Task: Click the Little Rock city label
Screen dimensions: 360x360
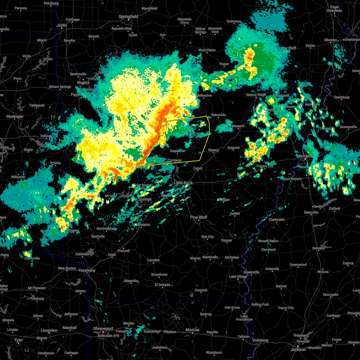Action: tap(183, 183)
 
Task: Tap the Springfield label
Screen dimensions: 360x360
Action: tap(128, 17)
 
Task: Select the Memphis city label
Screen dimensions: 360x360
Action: tap(305, 156)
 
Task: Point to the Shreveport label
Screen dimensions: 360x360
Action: tap(103, 329)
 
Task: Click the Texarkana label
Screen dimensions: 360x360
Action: tap(87, 270)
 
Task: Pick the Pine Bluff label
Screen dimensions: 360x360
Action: tap(199, 217)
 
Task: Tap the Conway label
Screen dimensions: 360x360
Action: tap(175, 160)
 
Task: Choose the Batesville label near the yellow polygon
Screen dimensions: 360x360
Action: tap(218, 115)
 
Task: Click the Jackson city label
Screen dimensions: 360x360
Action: tap(298, 349)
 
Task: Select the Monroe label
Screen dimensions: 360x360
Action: tap(192, 330)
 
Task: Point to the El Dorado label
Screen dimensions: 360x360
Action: tap(162, 285)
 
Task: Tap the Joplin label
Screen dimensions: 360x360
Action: tap(62, 25)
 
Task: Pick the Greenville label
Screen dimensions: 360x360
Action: tap(251, 272)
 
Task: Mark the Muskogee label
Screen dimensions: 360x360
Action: tap(15, 116)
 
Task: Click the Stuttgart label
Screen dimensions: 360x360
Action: tap(223, 200)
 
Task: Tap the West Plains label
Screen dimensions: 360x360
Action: tap(207, 50)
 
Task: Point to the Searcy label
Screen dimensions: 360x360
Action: tap(213, 150)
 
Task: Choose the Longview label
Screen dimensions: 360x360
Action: tap(49, 330)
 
